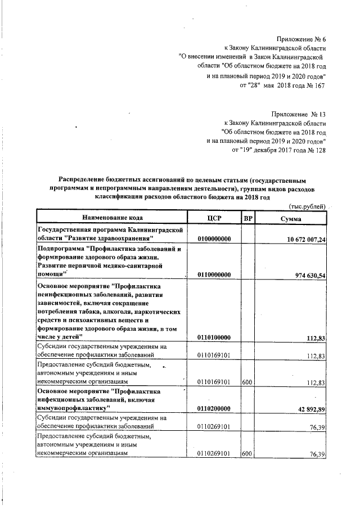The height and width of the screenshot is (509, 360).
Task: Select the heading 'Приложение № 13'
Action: pyautogui.click(x=299, y=114)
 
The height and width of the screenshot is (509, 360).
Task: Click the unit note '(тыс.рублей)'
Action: pyautogui.click(x=307, y=206)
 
